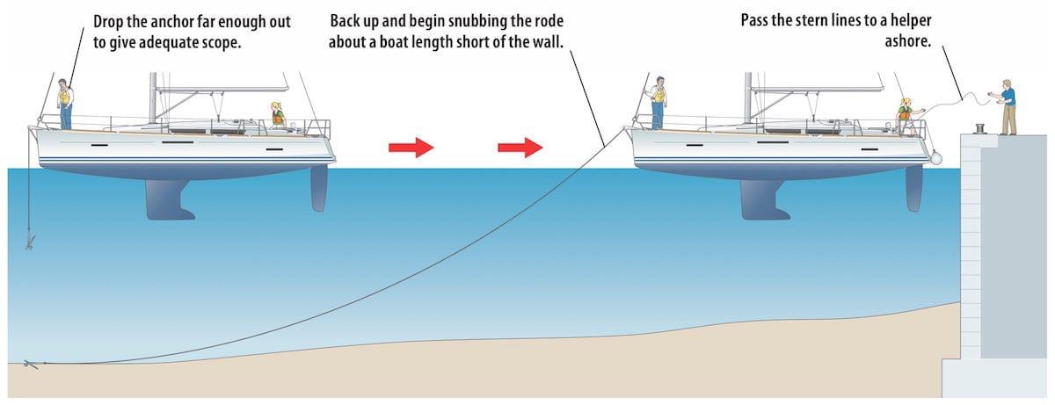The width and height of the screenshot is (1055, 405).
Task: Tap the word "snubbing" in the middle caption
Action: [480, 20]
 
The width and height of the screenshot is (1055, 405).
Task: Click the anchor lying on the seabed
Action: [31, 364]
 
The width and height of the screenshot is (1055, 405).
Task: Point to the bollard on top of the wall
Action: [979, 128]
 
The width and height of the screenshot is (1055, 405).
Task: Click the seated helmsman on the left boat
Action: [278, 115]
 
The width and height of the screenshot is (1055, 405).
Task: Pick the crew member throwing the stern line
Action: [905, 115]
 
